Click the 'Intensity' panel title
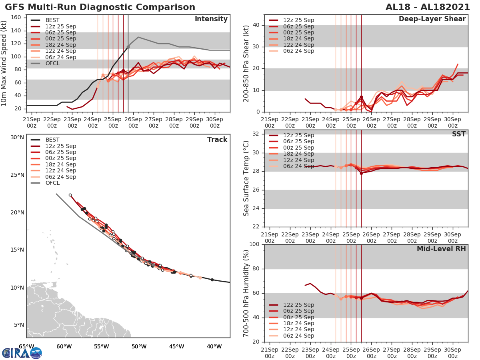(x=211, y=19)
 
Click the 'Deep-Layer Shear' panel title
(x=432, y=19)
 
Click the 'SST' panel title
(x=458, y=134)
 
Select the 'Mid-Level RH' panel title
(x=441, y=249)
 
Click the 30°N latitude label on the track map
(x=17, y=137)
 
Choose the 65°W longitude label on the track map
(x=26, y=346)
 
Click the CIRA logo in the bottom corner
(x=22, y=353)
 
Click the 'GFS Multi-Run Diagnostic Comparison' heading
(x=100, y=7)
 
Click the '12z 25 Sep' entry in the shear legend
(x=298, y=20)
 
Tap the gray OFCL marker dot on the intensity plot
(x=128, y=47)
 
